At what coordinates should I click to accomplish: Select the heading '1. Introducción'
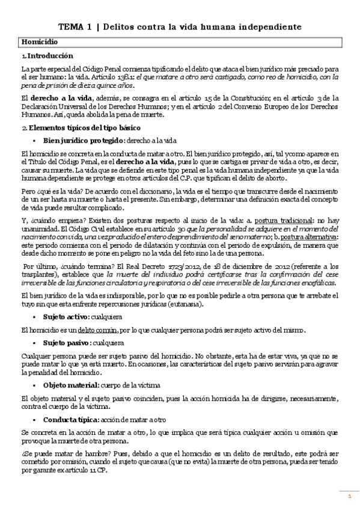tap(47, 55)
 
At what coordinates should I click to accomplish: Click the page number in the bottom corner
tap(349, 496)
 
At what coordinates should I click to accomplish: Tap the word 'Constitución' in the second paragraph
tap(249, 98)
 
